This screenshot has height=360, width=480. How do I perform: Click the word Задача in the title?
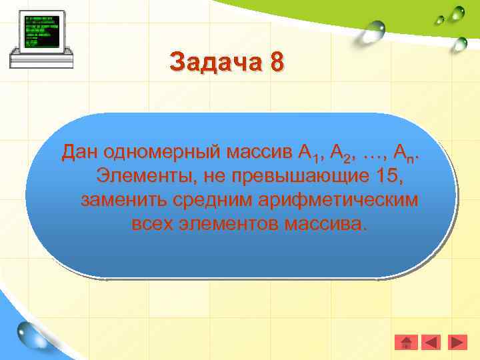coord(217,63)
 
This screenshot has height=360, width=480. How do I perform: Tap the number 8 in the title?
coord(277,62)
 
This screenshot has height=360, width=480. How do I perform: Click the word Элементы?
coord(139,177)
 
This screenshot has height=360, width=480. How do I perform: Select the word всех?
coord(152,223)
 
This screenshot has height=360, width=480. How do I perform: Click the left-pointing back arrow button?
coord(432,343)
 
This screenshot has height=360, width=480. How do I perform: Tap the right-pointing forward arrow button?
coord(457,343)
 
